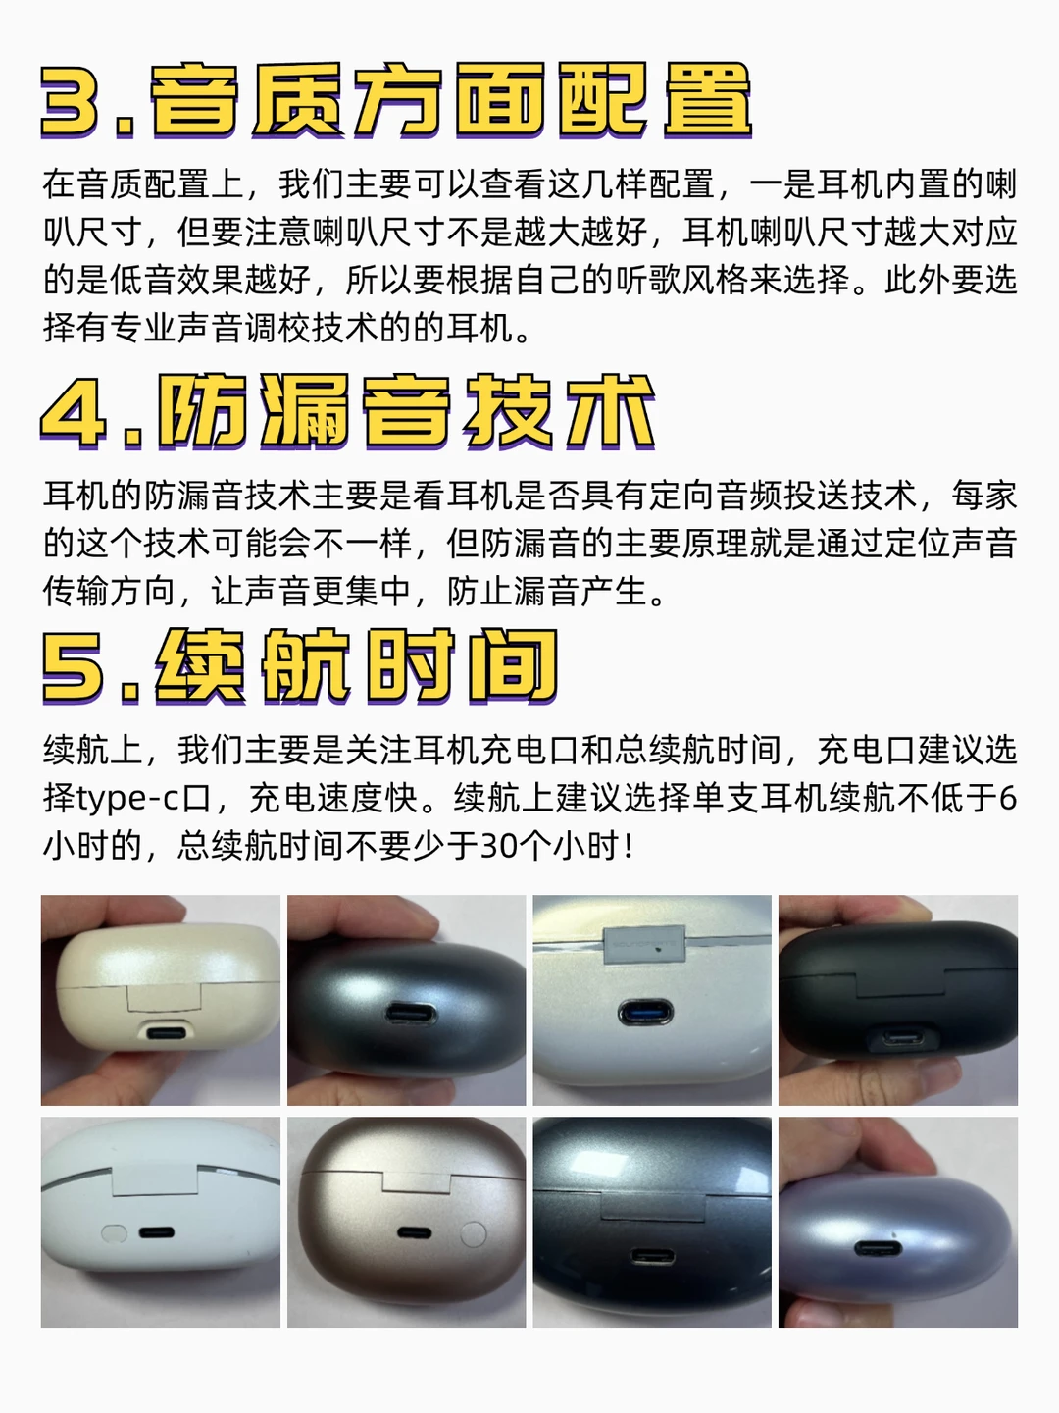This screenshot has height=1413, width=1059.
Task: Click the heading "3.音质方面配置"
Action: (396, 100)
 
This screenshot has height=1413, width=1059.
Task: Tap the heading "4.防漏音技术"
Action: (348, 412)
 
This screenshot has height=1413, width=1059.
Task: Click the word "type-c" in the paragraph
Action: (127, 800)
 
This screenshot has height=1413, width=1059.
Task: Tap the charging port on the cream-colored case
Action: (166, 1033)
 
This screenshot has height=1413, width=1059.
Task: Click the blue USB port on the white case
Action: (645, 1013)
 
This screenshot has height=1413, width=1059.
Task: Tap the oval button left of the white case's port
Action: (115, 1232)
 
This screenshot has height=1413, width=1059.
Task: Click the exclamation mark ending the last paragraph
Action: (629, 846)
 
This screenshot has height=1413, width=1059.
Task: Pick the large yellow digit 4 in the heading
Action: (73, 413)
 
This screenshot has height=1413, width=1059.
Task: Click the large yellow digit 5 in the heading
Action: (72, 667)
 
